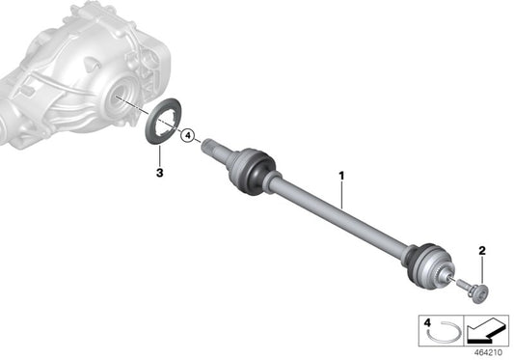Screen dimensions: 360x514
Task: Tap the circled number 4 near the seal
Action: pyautogui.click(x=188, y=135)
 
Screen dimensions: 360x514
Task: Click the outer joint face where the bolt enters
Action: pyautogui.click(x=448, y=276)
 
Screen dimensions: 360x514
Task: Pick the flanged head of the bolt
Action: pyautogui.click(x=483, y=291)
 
